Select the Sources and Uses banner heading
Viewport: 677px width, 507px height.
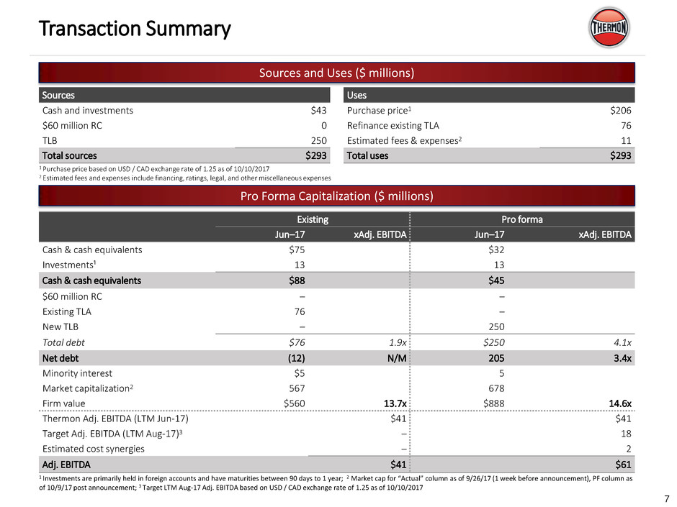[x=336, y=73]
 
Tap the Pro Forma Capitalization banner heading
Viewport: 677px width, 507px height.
[x=336, y=196]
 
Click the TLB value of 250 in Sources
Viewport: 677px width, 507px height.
[x=318, y=140]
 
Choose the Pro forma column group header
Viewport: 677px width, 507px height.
[x=523, y=219]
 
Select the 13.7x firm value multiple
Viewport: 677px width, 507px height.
[x=396, y=403]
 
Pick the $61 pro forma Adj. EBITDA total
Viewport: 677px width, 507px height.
[x=622, y=465]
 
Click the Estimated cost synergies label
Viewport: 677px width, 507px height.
[x=92, y=449]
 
